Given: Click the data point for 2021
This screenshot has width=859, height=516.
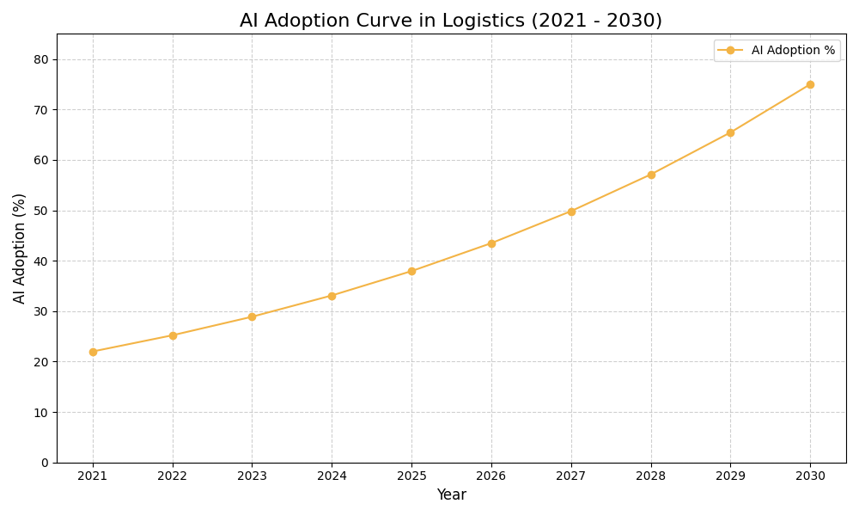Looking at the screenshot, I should point(93,352).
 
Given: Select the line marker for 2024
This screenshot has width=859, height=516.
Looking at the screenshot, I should point(332,296).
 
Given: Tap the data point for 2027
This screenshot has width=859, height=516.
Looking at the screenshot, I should point(571,212).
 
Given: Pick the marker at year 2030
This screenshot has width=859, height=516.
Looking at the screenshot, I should point(810,84).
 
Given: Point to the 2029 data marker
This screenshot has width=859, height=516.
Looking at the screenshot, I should point(730,132).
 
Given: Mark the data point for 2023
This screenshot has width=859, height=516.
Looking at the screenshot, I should point(252,316).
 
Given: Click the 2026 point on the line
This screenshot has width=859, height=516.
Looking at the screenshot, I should point(491,243).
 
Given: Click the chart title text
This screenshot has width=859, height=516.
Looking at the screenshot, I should point(451,21).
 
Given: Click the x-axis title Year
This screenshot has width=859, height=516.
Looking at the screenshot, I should point(451,495).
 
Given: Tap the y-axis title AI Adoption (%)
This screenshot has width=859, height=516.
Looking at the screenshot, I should point(20,248).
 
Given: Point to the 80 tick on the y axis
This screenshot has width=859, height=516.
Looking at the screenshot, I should point(41,59).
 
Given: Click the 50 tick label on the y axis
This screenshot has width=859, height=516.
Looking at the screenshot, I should point(41,211).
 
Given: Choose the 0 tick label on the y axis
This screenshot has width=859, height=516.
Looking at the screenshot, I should point(45,463).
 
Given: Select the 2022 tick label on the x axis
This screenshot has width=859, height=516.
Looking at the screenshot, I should point(173,476).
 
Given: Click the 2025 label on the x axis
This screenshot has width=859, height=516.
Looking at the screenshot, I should point(411,476).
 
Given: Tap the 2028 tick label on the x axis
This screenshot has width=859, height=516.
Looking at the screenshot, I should point(651,476).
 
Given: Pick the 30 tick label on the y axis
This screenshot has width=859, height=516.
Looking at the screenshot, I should point(41,311).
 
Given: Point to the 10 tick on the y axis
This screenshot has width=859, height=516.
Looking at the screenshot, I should point(41,412).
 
